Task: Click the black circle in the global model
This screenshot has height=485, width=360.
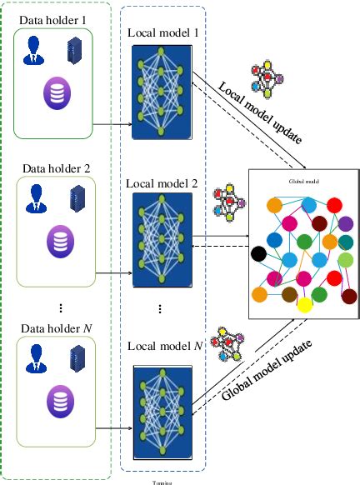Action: (260, 253)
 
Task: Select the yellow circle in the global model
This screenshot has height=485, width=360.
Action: (306, 306)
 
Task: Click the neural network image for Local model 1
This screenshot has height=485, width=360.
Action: (162, 83)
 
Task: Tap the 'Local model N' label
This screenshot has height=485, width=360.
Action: (162, 343)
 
